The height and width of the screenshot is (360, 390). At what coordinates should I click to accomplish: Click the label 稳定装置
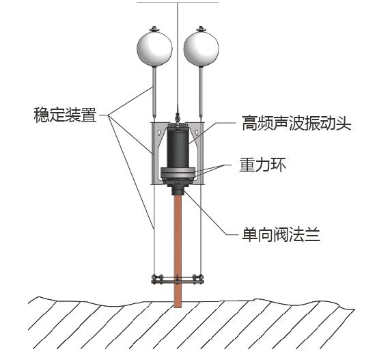[65, 115]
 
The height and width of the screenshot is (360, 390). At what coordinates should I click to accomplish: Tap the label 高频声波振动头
[296, 123]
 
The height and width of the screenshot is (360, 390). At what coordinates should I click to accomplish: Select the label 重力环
[262, 165]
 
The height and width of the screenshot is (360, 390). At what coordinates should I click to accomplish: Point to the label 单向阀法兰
[281, 234]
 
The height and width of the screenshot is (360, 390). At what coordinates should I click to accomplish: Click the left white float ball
[154, 49]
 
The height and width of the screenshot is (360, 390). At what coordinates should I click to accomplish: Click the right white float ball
[201, 49]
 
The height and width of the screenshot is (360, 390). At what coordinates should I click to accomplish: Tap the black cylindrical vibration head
[178, 148]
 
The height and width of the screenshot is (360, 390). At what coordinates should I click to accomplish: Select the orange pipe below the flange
[178, 251]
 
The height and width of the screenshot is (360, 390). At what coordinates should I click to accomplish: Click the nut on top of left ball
[154, 28]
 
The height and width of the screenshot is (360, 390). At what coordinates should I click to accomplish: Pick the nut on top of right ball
[201, 28]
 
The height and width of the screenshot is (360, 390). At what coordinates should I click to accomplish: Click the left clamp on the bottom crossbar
[158, 279]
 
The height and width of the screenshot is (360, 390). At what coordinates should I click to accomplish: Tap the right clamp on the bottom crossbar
[198, 279]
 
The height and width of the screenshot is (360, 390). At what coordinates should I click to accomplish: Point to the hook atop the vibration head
[178, 116]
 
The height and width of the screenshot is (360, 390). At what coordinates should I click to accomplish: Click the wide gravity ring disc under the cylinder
[178, 173]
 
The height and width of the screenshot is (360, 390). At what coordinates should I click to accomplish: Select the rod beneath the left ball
[154, 92]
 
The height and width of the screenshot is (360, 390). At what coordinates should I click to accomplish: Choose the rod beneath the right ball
[201, 92]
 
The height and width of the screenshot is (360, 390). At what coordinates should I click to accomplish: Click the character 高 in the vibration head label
[250, 123]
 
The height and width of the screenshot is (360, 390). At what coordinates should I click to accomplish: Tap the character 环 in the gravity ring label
[278, 165]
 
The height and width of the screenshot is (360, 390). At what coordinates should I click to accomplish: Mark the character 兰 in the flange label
[312, 234]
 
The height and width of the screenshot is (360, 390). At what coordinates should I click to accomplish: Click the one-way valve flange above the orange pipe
[178, 190]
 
